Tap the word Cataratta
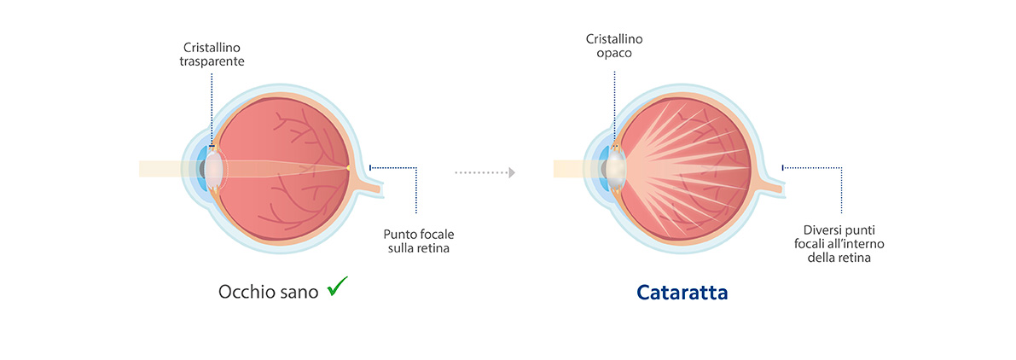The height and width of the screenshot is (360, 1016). point(682,293)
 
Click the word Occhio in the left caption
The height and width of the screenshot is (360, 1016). point(243,292)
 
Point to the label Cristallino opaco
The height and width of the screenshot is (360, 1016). point(613,46)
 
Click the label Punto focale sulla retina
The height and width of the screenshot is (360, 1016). point(415,241)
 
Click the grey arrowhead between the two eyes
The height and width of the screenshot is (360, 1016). point(511,172)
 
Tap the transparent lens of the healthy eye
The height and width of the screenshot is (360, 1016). point(215,168)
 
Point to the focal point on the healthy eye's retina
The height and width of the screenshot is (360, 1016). point(350,168)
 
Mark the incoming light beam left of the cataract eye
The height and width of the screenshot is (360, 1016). point(567,169)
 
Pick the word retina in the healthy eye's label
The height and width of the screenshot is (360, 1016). point(432,248)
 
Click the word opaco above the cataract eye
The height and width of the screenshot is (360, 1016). point(613,53)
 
